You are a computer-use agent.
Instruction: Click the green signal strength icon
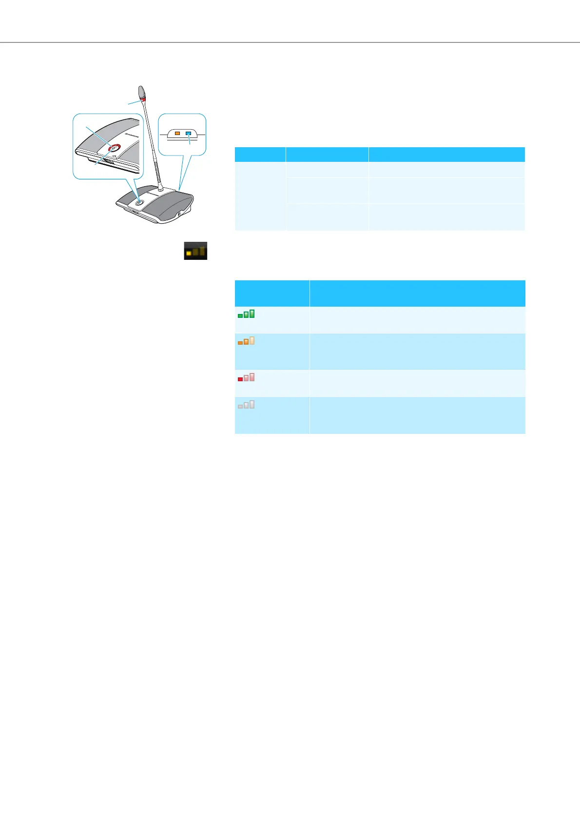246,314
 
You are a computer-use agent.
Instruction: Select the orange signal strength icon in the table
246,341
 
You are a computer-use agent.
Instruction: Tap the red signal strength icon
246,377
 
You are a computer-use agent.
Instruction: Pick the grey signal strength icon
246,404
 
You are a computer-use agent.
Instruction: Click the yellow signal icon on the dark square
195,251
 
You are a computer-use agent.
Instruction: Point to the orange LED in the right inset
177,133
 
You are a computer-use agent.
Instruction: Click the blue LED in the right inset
188,133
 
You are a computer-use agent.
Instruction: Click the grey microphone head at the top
142,91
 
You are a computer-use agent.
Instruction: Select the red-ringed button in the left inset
114,149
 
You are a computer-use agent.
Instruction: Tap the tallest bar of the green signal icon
252,313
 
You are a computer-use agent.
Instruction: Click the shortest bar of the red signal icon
240,379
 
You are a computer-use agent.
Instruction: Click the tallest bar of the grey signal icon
252,404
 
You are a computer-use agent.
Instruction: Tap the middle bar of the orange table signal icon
246,341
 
